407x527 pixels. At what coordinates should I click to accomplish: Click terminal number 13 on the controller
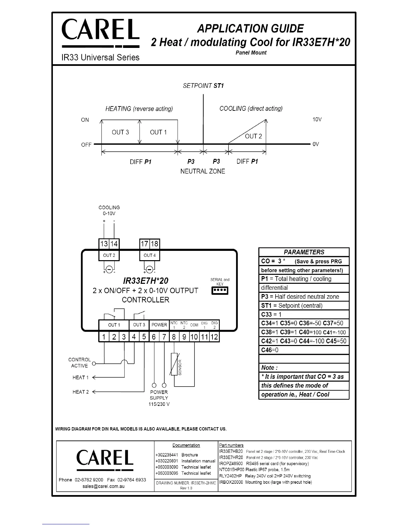(104, 244)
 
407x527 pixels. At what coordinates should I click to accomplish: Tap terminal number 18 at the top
(155, 244)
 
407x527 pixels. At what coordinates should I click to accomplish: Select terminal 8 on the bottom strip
(174, 337)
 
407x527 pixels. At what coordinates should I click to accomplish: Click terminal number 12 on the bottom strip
(214, 337)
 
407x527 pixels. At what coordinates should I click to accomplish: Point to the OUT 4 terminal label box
(150, 256)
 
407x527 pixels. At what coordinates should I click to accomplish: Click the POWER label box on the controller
(159, 325)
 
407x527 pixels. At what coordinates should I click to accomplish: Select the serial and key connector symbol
(220, 291)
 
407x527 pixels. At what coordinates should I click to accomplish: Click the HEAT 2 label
(80, 392)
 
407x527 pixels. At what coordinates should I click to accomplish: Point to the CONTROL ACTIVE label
(79, 363)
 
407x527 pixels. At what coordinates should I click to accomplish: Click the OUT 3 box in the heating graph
(120, 132)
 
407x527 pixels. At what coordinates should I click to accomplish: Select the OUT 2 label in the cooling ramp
(253, 136)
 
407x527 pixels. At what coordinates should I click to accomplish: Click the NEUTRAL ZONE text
(203, 171)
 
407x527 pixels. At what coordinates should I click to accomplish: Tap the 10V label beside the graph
(317, 119)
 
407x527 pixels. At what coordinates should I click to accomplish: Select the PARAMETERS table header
(304, 252)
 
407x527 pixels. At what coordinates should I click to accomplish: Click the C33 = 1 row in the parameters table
(304, 314)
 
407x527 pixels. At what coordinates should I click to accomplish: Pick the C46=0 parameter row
(304, 350)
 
